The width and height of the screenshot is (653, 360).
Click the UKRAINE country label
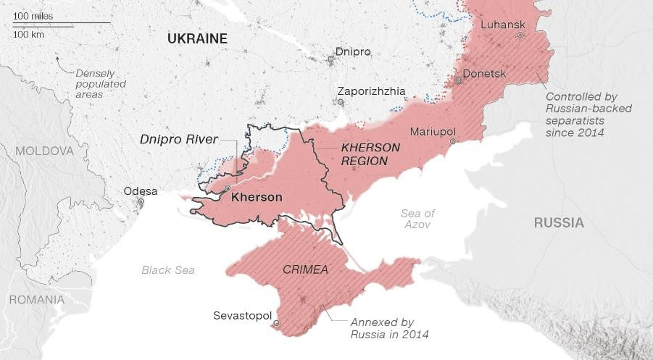[197, 39]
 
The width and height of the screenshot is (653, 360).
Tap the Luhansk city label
[498, 25]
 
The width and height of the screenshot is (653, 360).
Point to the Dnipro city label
[353, 52]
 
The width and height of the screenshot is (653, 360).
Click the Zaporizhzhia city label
[371, 91]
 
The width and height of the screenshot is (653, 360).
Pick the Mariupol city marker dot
[452, 142]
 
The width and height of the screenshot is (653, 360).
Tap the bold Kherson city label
[256, 196]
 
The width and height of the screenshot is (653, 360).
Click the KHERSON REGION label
[364, 154]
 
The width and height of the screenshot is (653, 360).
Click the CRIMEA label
[305, 269]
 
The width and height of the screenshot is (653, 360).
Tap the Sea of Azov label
[417, 219]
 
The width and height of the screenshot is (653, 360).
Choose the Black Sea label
[168, 269]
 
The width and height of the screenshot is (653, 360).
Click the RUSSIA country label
[559, 222]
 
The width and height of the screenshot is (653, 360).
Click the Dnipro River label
[179, 139]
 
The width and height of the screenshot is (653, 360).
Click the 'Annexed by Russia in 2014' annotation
[389, 328]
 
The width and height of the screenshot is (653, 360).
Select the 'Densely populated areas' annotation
[101, 84]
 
